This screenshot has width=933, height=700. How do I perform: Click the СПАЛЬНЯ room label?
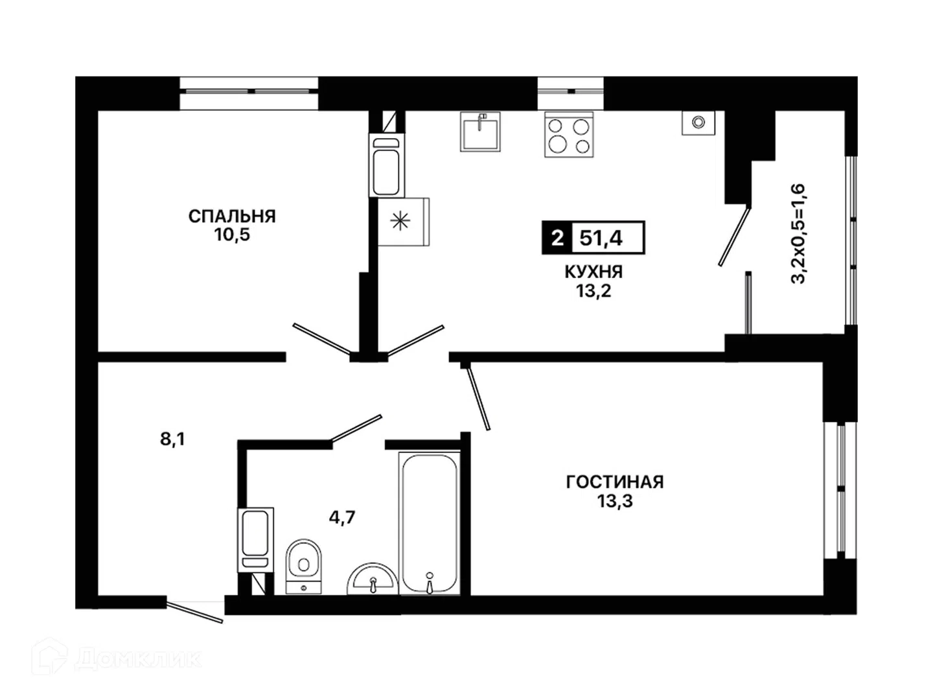[232, 216]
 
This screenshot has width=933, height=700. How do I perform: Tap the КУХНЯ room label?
[593, 272]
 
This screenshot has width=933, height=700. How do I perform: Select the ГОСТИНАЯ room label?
[615, 482]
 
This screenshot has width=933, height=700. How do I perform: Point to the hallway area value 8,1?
[172, 439]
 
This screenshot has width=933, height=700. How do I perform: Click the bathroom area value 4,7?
[342, 517]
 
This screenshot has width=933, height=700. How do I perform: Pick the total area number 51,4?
[601, 238]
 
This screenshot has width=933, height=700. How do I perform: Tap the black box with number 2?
[557, 238]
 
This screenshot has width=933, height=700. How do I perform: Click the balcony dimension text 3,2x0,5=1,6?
[798, 234]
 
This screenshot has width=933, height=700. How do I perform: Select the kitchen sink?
[480, 132]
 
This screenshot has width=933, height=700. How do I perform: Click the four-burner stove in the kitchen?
[569, 135]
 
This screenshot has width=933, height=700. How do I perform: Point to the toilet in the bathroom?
[303, 566]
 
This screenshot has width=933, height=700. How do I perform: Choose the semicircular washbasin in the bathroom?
[373, 579]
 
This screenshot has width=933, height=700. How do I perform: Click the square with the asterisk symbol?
[404, 222]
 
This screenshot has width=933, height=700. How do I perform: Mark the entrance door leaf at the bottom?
[194, 612]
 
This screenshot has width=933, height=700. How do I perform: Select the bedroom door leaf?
[322, 339]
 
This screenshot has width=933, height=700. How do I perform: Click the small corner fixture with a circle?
[698, 123]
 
